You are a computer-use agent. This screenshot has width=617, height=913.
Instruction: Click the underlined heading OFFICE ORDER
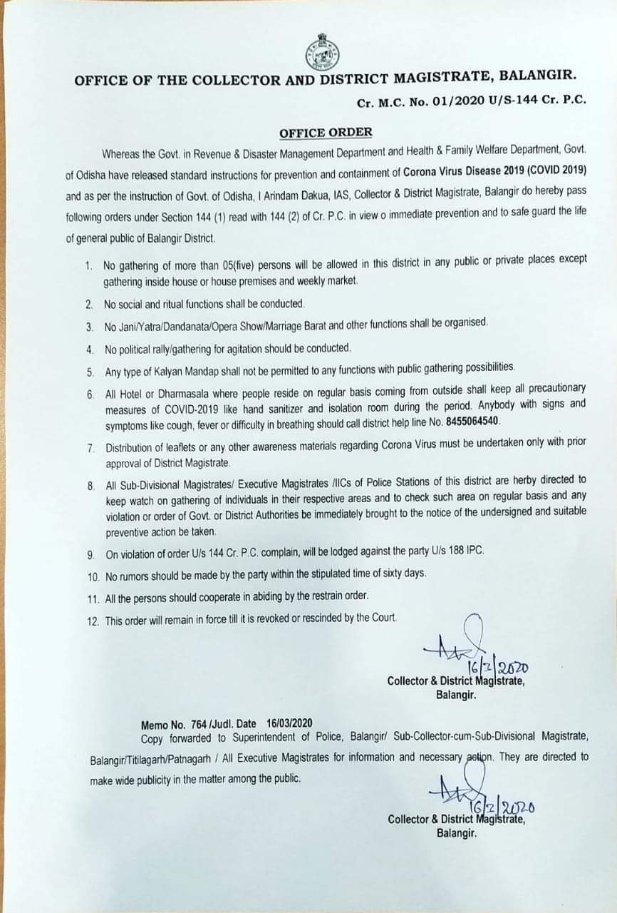pos(326,133)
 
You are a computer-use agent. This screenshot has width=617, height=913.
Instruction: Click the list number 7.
pos(90,449)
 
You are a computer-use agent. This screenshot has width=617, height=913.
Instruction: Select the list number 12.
pos(93,621)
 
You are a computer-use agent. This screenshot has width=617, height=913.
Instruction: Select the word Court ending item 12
pos(383,617)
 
